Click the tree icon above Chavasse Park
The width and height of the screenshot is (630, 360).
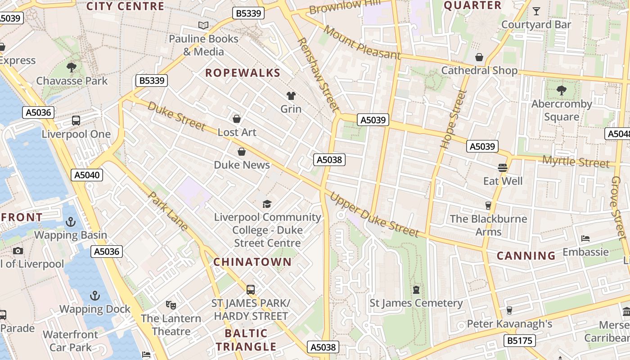(71, 67)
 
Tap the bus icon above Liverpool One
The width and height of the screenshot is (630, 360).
(76, 121)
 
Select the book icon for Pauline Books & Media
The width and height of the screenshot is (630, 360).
(203, 25)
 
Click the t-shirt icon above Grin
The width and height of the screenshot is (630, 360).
(291, 95)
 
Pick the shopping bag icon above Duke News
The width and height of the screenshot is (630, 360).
(242, 152)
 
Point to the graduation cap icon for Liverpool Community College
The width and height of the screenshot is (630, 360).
(267, 204)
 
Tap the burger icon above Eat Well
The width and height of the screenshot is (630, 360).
(503, 168)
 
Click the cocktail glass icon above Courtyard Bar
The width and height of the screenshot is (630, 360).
(536, 11)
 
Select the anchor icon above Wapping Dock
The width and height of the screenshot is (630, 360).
(94, 296)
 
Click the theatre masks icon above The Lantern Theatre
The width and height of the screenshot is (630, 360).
(171, 305)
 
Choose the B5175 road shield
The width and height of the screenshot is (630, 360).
(520, 341)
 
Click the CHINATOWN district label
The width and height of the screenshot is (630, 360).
(252, 262)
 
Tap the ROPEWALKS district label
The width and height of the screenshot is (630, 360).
(243, 73)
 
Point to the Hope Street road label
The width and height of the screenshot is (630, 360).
(453, 120)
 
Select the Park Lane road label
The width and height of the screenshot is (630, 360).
(168, 211)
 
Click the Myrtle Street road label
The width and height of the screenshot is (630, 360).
(576, 162)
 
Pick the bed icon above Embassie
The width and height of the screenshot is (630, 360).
(585, 238)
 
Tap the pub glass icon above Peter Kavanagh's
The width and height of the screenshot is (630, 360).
(509, 310)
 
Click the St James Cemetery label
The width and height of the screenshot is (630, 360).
(416, 303)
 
